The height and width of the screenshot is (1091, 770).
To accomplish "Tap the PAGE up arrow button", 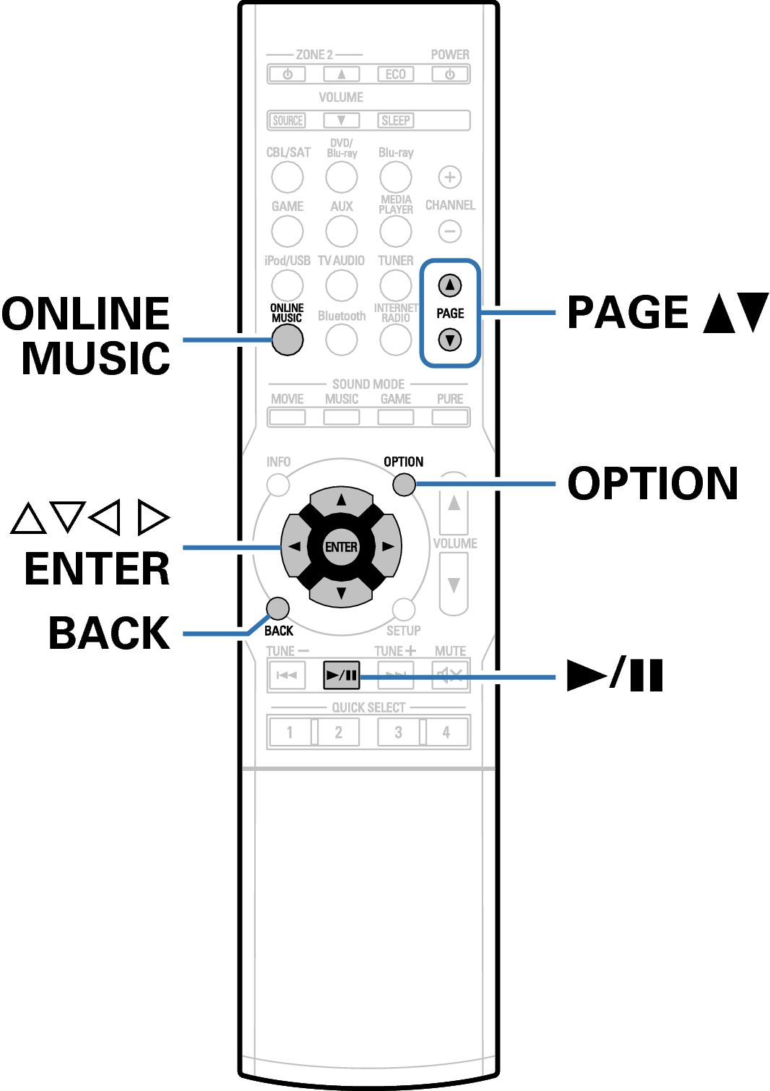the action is [x=449, y=285].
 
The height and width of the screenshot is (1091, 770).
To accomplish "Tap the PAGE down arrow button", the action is [x=449, y=340].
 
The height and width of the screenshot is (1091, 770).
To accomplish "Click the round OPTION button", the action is [x=404, y=485].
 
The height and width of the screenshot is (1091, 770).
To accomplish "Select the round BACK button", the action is [x=277, y=609].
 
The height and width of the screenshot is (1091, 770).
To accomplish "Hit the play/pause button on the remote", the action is [x=342, y=675].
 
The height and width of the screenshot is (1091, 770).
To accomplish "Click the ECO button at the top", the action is [x=395, y=74].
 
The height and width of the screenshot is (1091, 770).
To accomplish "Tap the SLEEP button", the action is [x=395, y=121].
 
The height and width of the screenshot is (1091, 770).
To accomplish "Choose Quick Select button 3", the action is [x=399, y=732].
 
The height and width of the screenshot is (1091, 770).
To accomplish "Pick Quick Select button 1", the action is [x=290, y=732].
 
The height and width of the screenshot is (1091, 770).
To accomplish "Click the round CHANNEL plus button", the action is [x=449, y=177].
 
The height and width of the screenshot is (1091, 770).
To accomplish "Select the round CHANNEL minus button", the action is [x=449, y=231].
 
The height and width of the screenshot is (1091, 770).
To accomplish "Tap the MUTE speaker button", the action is [x=450, y=675].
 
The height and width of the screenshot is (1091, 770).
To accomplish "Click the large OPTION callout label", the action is [x=653, y=483].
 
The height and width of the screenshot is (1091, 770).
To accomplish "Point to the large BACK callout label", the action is [x=109, y=633].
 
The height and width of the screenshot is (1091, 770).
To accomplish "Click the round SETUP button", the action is [x=404, y=609].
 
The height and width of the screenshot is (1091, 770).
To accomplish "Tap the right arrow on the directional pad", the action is [x=388, y=547].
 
